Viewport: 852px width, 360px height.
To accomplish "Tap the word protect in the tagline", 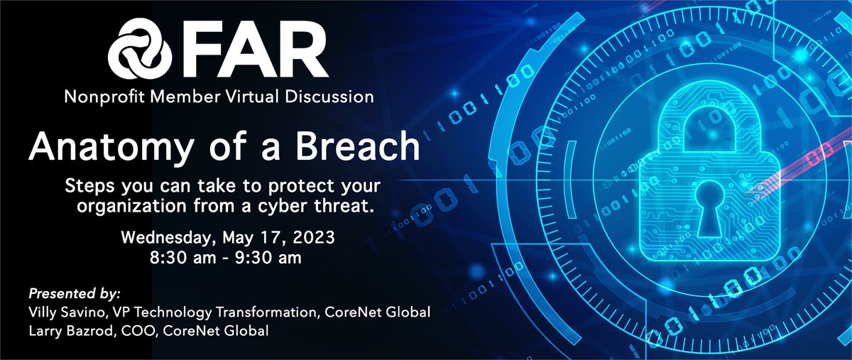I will [x=277, y=187].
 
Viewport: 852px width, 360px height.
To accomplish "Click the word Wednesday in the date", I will [x=163, y=236].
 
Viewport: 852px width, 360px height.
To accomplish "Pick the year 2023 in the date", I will [x=313, y=236].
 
